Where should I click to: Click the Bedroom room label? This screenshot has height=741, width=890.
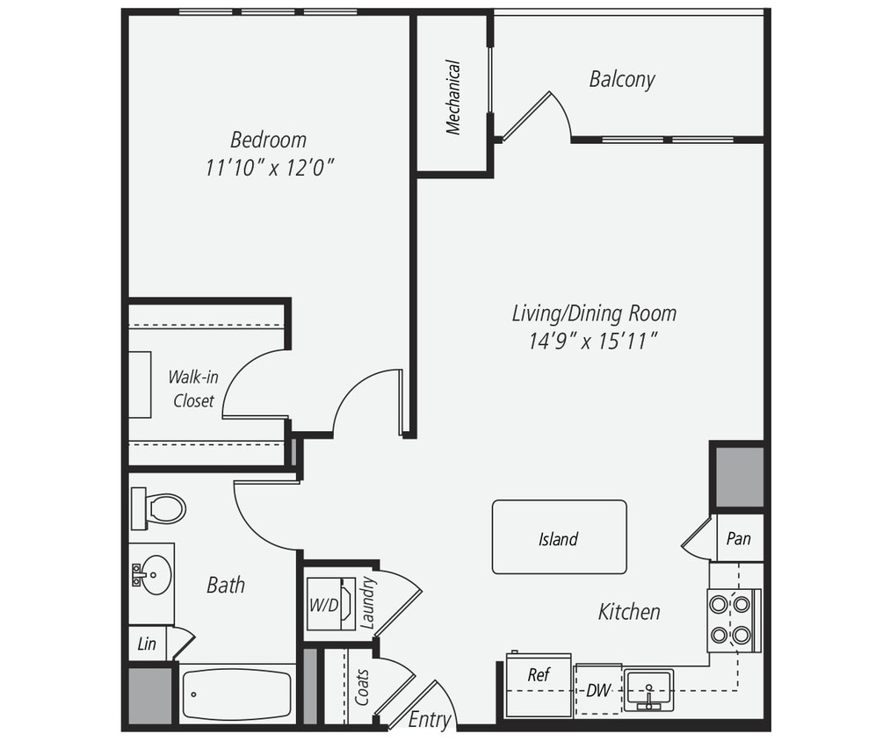pyautogui.click(x=268, y=140)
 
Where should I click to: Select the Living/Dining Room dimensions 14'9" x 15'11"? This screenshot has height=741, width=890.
pyautogui.click(x=594, y=341)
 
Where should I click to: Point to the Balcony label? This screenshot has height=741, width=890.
pyautogui.click(x=622, y=79)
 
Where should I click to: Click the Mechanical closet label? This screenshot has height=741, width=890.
pyautogui.click(x=453, y=97)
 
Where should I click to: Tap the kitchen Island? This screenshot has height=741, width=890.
pyautogui.click(x=559, y=537)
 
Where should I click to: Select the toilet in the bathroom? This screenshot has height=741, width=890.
pyautogui.click(x=160, y=508)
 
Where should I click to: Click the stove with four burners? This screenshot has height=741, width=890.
pyautogui.click(x=732, y=620)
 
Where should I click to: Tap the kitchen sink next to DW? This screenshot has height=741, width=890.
pyautogui.click(x=648, y=688)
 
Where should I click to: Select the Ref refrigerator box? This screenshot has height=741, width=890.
pyautogui.click(x=539, y=684)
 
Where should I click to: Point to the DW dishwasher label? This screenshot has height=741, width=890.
pyautogui.click(x=598, y=690)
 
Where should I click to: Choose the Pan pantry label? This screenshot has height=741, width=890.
pyautogui.click(x=738, y=538)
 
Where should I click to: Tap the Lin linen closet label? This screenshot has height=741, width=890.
pyautogui.click(x=148, y=644)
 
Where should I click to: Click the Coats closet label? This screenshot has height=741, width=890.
pyautogui.click(x=362, y=687)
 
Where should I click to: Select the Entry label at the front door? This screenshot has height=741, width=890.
pyautogui.click(x=430, y=720)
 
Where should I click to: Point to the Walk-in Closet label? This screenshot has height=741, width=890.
pyautogui.click(x=193, y=389)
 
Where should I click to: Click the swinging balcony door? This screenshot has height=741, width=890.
pyautogui.click(x=527, y=117)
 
